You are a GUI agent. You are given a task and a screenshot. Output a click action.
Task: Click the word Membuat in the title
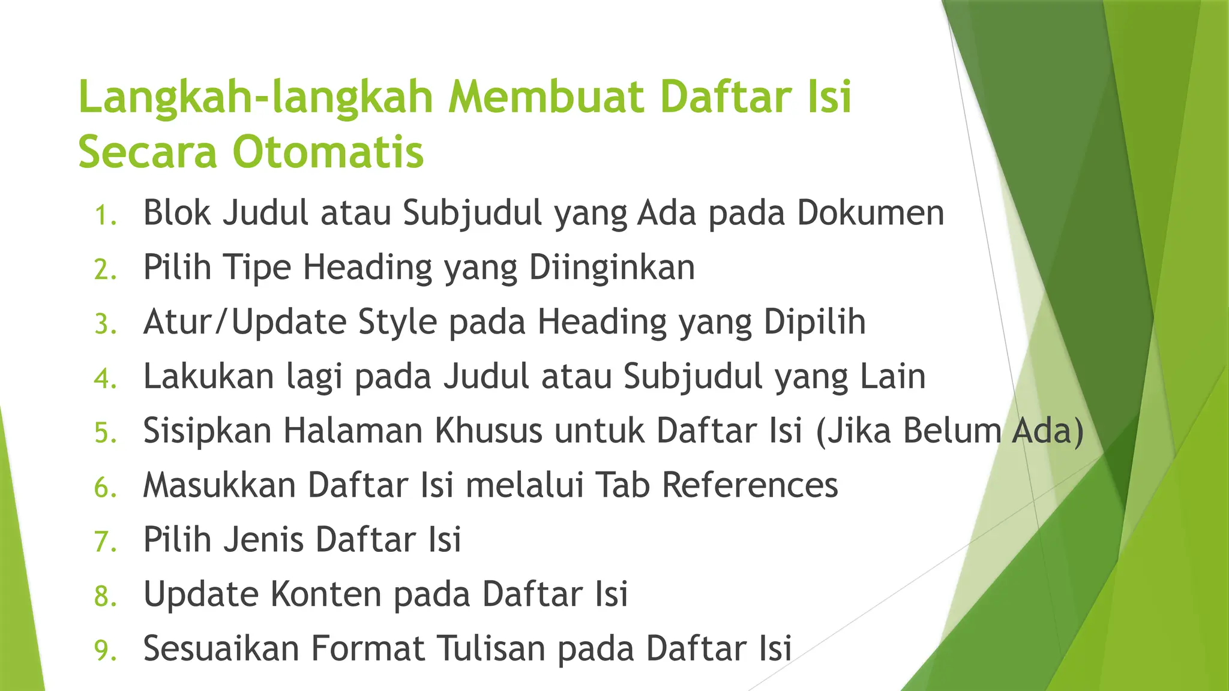coord(545,97)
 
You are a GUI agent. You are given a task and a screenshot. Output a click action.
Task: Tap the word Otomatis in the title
coord(328,152)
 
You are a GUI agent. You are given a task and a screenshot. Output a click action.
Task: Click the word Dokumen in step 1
coord(870,213)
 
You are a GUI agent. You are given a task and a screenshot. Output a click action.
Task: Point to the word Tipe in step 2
coord(257,268)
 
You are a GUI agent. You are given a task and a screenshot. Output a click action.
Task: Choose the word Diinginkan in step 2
coord(611,268)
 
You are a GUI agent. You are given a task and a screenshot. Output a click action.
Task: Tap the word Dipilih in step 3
coord(814,322)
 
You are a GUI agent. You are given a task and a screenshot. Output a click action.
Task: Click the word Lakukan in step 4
coord(208,377)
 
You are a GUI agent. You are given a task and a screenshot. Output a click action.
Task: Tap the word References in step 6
coord(750,485)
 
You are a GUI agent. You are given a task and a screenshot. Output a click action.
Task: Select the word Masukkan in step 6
coord(219,485)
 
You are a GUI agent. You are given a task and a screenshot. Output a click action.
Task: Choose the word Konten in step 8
coord(326,594)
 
